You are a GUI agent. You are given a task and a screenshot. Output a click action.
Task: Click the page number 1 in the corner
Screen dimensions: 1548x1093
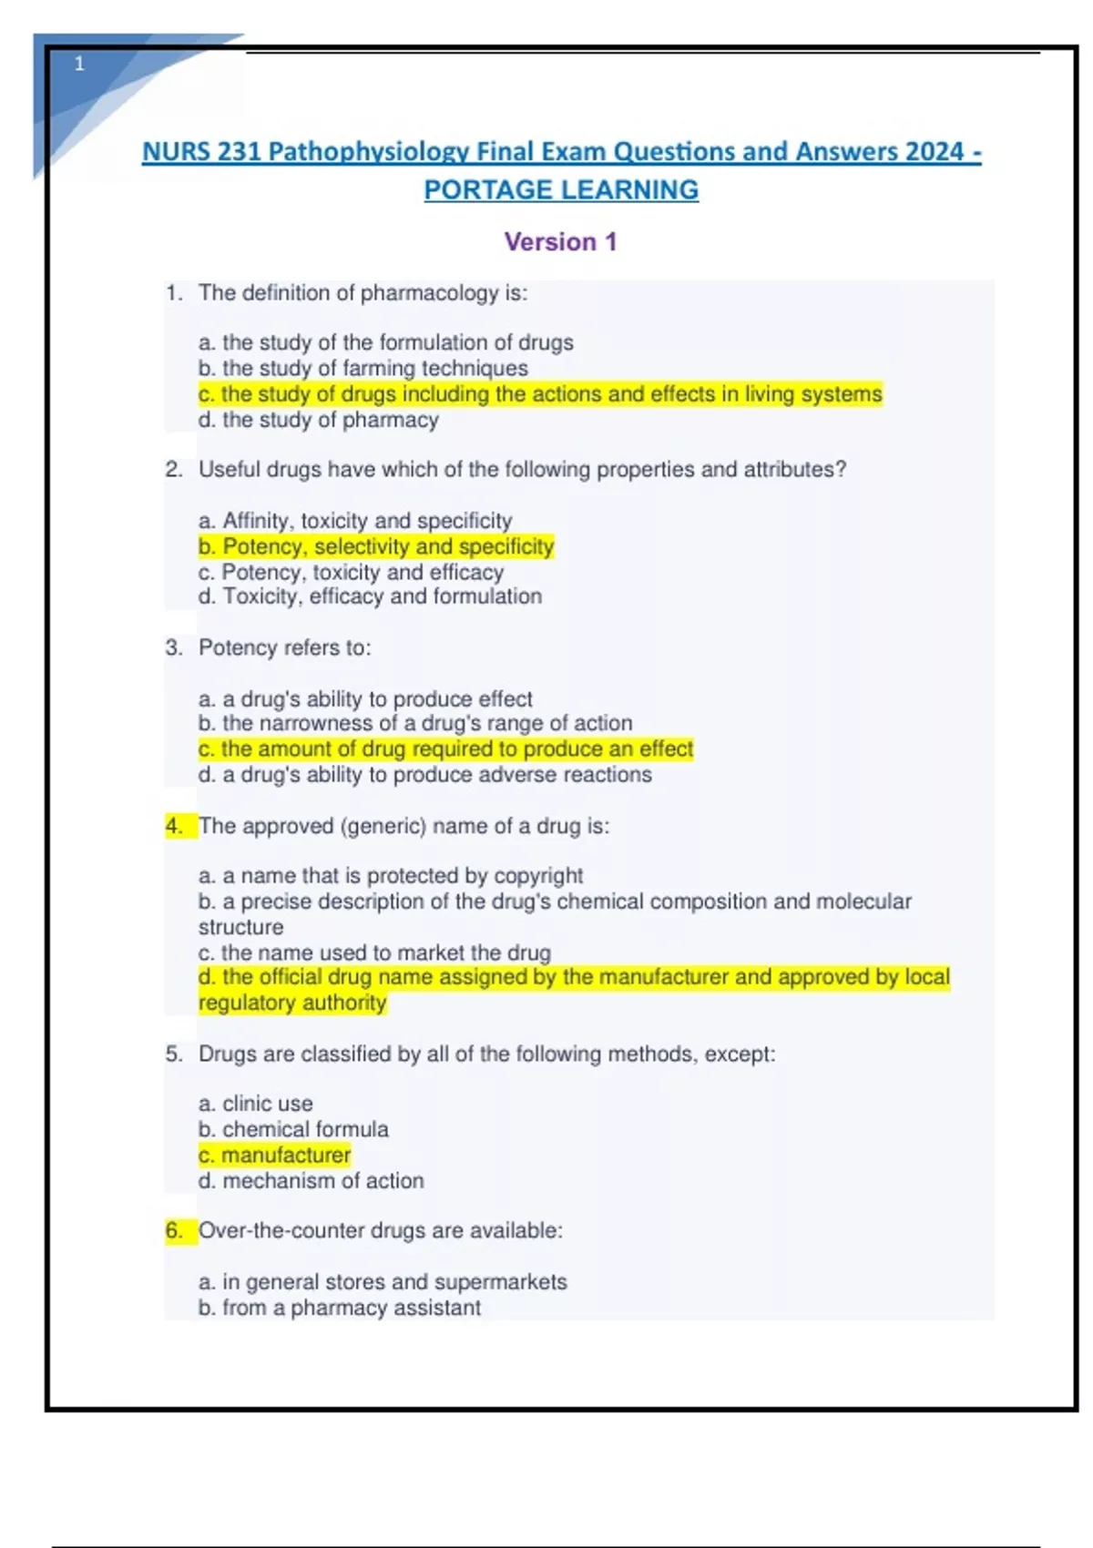[x=79, y=64]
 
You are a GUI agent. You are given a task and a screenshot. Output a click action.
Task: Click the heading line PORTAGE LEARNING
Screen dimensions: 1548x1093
[x=561, y=190]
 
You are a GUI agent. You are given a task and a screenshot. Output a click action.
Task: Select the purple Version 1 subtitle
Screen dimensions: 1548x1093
[x=560, y=242]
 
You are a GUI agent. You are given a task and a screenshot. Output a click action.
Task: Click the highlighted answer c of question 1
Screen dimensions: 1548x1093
[x=540, y=394]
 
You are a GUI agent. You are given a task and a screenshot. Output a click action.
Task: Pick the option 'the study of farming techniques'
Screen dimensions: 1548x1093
[x=363, y=369]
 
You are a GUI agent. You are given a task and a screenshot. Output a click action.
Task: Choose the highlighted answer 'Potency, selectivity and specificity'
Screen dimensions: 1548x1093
[x=376, y=546]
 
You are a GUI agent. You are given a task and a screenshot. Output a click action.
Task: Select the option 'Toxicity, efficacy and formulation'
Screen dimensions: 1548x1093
[x=370, y=596]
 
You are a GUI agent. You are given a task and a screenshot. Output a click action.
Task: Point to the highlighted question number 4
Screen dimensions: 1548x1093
[x=174, y=826]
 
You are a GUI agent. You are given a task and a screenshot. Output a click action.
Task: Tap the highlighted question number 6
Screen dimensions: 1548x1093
[x=174, y=1231]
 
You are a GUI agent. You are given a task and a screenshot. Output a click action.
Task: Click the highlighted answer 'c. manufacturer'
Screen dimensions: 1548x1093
[x=274, y=1156]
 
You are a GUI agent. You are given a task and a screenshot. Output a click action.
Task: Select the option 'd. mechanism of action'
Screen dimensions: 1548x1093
[x=312, y=1181]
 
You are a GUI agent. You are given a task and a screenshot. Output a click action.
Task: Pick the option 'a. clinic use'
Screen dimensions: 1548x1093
[x=256, y=1104]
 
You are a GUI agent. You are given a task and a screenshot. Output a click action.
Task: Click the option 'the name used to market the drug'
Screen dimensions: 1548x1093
[x=374, y=952]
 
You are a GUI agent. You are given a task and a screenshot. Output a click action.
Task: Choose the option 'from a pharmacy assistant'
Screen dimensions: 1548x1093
[x=340, y=1308]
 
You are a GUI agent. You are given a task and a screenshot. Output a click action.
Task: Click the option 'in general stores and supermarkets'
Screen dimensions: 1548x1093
[x=383, y=1282]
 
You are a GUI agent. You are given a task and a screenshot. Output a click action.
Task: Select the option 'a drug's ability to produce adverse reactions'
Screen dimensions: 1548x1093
[x=425, y=775]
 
